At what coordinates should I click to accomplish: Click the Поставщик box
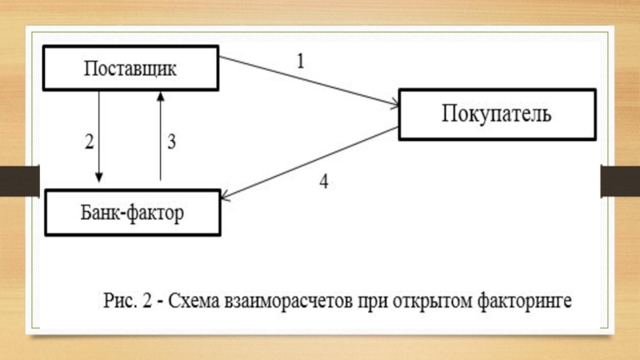(131, 68)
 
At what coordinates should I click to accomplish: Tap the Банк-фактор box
(131, 213)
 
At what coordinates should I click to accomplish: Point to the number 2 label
(89, 142)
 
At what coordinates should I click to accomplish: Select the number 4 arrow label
(323, 182)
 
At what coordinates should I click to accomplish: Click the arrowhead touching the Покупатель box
(394, 104)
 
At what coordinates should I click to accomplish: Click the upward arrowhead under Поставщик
(161, 95)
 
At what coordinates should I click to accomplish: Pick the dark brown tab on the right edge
(619, 182)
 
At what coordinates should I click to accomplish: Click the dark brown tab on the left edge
(19, 182)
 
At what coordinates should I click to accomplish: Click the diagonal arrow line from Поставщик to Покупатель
(308, 81)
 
